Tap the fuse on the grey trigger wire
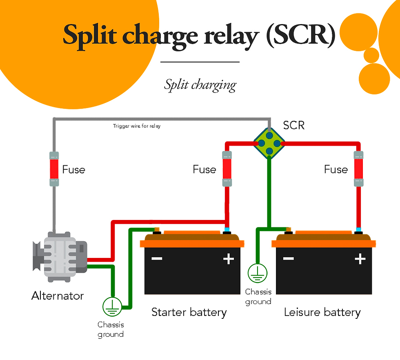(x=54, y=169)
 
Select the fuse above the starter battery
(x=227, y=169)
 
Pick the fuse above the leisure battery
(x=358, y=169)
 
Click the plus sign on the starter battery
(x=228, y=259)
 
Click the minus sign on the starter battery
(x=157, y=259)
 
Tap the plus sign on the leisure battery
(x=360, y=259)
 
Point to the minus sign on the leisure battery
(x=289, y=259)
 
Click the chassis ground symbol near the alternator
(x=111, y=307)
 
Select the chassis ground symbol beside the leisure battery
(x=258, y=273)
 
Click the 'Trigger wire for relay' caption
(x=137, y=126)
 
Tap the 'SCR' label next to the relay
(x=294, y=125)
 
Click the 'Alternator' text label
(x=58, y=296)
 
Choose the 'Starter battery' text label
(x=189, y=313)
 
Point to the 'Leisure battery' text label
(x=322, y=313)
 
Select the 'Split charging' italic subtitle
(x=200, y=85)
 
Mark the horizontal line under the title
(x=200, y=62)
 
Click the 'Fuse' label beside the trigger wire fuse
(x=73, y=169)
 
